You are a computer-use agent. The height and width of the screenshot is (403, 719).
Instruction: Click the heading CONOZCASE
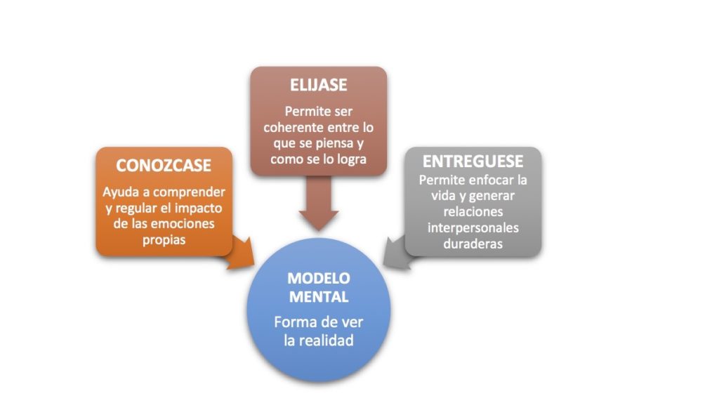pyautogui.click(x=163, y=166)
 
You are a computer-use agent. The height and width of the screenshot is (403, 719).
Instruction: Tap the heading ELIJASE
pyautogui.click(x=318, y=85)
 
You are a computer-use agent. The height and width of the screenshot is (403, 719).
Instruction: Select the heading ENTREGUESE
pyautogui.click(x=473, y=161)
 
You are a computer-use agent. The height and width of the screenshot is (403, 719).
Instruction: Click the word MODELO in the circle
pyautogui.click(x=319, y=278)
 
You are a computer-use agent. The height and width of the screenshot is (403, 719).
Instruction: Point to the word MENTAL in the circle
pyautogui.click(x=319, y=297)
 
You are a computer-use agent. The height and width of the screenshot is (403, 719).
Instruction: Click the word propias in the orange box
pyautogui.click(x=164, y=240)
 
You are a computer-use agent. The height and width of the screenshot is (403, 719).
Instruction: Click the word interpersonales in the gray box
pyautogui.click(x=473, y=228)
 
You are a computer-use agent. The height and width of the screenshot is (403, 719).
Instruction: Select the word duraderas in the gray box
pyautogui.click(x=473, y=244)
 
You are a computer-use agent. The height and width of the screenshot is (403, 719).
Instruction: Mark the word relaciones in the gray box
pyautogui.click(x=473, y=212)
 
